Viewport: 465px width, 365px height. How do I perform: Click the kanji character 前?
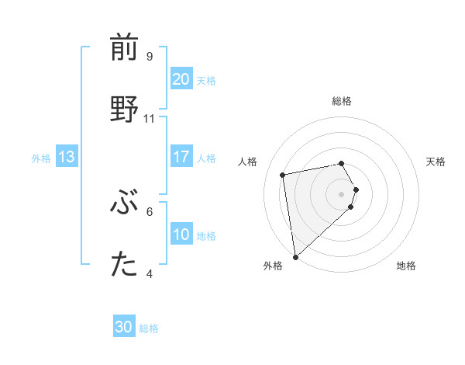pyautogui.click(x=124, y=48)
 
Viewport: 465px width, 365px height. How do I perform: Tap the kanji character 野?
pyautogui.click(x=124, y=109)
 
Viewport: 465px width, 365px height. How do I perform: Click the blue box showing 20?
pyautogui.click(x=181, y=78)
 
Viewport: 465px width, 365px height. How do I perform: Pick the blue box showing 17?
pyautogui.click(x=181, y=157)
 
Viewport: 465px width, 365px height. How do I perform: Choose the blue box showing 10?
pyautogui.click(x=181, y=235)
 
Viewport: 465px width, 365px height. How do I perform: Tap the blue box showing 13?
pyautogui.click(x=66, y=157)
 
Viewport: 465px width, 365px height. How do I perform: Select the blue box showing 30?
pyautogui.click(x=124, y=327)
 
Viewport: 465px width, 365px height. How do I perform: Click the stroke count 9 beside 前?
pyautogui.click(x=150, y=57)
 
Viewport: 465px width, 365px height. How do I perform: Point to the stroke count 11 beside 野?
pyautogui.click(x=150, y=119)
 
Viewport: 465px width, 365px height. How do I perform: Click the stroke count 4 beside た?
pyautogui.click(x=150, y=273)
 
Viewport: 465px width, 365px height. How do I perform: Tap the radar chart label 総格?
pyautogui.click(x=342, y=101)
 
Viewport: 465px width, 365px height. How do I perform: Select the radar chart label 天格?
pyautogui.click(x=436, y=162)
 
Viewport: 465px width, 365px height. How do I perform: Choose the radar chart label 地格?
pyautogui.click(x=406, y=266)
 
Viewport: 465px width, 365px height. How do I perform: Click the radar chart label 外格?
pyautogui.click(x=273, y=266)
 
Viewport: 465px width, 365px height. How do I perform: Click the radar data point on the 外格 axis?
pyautogui.click(x=295, y=257)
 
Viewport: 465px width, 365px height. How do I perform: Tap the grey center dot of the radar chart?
pyautogui.click(x=342, y=193)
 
